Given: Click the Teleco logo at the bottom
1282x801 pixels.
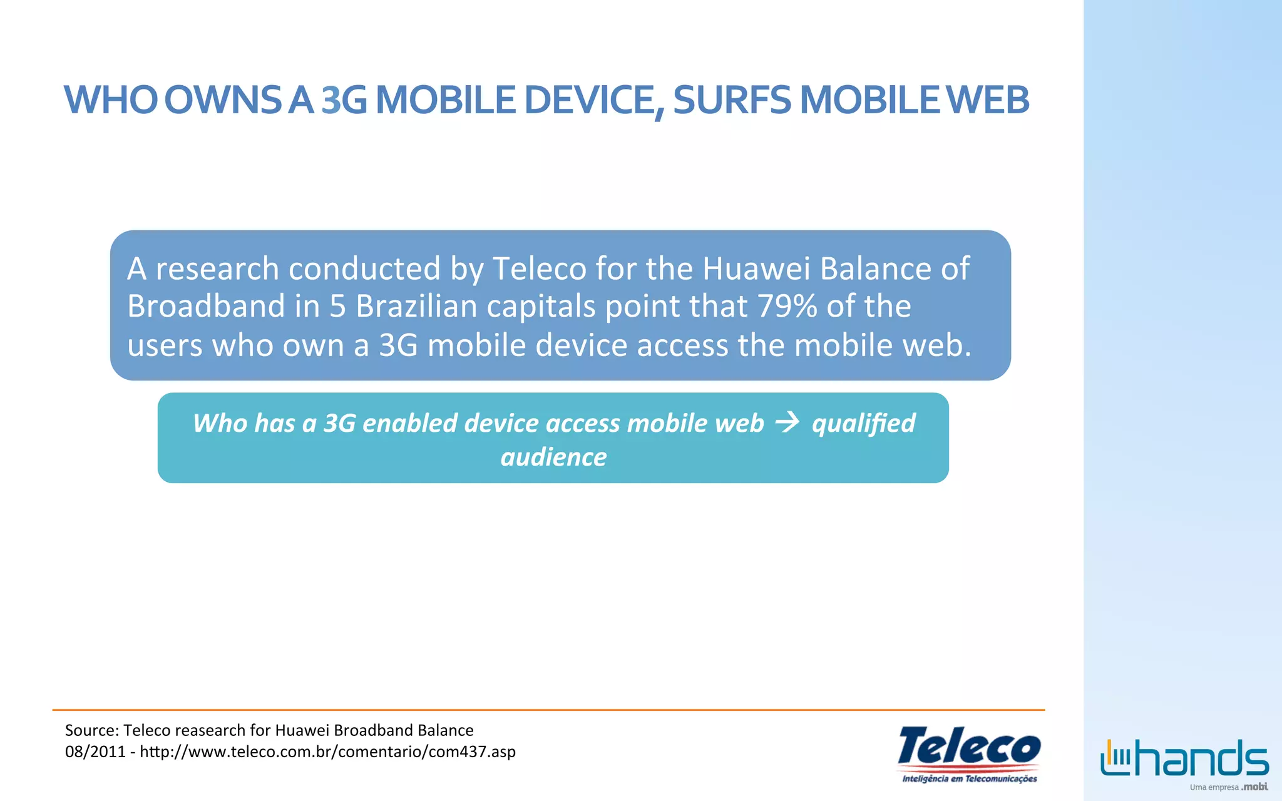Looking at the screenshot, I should click(969, 753).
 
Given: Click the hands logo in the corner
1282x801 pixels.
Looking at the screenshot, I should click(1184, 758).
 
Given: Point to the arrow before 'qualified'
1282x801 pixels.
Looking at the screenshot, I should click(787, 423).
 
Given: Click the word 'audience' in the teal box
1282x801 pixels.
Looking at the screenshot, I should click(553, 457).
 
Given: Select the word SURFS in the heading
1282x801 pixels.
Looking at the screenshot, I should click(732, 100).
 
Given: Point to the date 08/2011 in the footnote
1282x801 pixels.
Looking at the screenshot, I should click(95, 752).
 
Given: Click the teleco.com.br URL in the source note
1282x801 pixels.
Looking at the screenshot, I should click(327, 752).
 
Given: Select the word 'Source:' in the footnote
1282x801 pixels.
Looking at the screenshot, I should click(92, 730).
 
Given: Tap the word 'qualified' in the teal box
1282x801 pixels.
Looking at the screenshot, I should click(863, 424).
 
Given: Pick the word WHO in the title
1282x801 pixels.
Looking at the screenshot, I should click(111, 100).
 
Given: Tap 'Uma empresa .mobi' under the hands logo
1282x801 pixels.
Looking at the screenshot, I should click(1228, 787).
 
